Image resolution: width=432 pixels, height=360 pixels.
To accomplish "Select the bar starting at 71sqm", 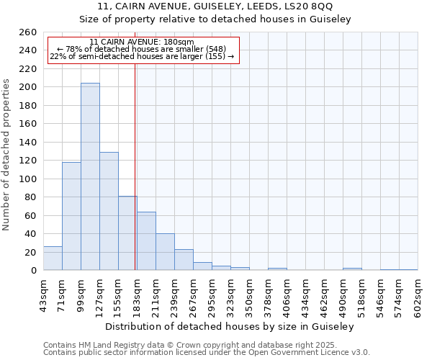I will pos(71,216).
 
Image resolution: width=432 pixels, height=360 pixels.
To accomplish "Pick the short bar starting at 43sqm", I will pos(53,258).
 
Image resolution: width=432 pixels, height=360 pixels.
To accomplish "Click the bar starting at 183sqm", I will pos(146,241).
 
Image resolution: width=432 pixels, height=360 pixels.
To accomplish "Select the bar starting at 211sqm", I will pos(165,252).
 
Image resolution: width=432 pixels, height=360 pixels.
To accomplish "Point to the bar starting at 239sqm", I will pos(184,260).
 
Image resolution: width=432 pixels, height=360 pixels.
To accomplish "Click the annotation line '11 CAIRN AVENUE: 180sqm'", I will pos(142,42).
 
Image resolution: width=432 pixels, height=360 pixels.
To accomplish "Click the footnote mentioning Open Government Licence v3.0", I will pos(206,353).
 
